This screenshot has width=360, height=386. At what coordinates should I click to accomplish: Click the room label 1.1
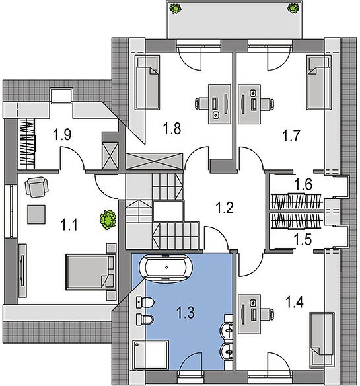(69, 225)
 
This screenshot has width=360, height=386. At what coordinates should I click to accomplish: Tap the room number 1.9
(63, 135)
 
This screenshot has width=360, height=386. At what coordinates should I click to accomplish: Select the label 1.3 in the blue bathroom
(186, 313)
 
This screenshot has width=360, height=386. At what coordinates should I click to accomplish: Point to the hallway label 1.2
(225, 208)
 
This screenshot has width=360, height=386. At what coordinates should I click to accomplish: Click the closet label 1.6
(304, 184)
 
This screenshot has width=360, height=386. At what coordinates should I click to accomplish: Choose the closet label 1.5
(303, 239)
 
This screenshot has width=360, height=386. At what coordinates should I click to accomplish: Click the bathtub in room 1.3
(166, 268)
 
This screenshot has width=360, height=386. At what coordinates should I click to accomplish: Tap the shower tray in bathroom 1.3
(151, 355)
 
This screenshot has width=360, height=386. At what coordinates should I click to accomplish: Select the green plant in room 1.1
(108, 220)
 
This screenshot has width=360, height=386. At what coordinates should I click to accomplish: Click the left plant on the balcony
(175, 9)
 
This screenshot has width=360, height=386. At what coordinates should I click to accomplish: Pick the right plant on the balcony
(293, 8)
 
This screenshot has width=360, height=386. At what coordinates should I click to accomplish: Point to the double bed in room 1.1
(90, 272)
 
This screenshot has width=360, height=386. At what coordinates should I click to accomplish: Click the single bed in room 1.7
(318, 83)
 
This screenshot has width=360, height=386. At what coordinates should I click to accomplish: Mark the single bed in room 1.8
(147, 83)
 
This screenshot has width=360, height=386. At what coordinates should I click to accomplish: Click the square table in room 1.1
(36, 214)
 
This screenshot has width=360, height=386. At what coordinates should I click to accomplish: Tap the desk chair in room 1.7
(268, 104)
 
